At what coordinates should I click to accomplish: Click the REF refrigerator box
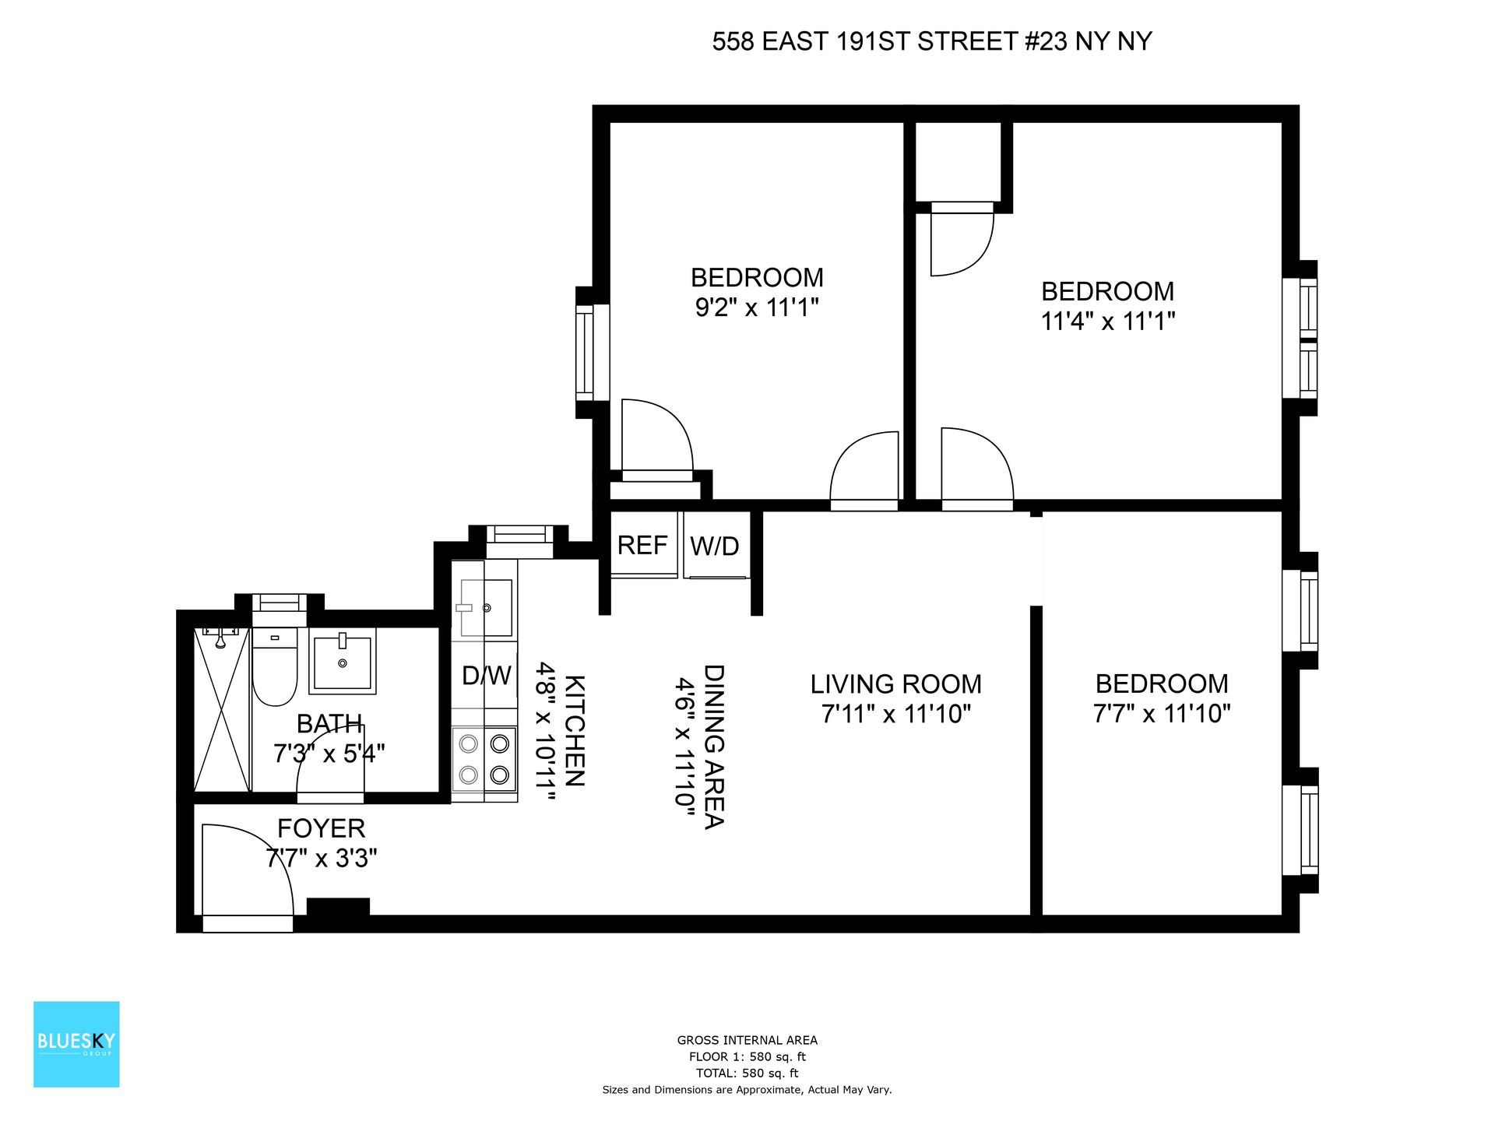point(642,545)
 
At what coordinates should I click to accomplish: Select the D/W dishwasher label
point(486,675)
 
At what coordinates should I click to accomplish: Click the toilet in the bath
point(275,669)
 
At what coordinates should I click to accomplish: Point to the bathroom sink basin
point(343,661)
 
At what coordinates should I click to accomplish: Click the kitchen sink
point(484,607)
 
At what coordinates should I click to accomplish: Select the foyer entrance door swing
point(245,872)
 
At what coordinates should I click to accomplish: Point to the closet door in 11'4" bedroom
point(962,241)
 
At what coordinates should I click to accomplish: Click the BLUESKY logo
point(76,1044)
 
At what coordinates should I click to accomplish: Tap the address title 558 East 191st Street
point(932,41)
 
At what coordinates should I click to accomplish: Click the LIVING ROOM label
point(895,684)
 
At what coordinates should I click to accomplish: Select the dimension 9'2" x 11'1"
point(757,308)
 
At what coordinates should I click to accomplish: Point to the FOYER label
point(321,828)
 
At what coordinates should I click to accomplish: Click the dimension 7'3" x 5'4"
point(329,754)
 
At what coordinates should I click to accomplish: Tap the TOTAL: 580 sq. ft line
point(747,1073)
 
